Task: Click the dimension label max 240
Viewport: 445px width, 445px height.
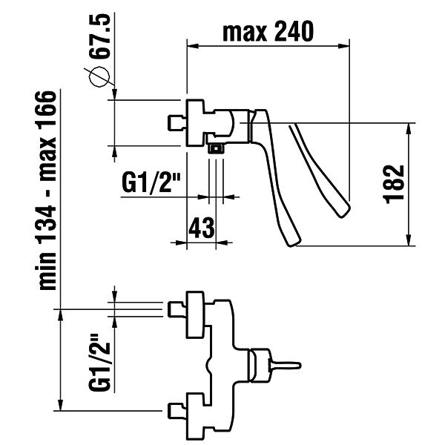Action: (x=268, y=31)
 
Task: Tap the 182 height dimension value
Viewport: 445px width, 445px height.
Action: (x=394, y=184)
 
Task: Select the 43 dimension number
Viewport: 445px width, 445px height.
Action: (x=201, y=228)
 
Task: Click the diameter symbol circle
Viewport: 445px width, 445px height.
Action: (x=99, y=76)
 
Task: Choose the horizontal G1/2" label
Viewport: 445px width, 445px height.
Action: (x=151, y=182)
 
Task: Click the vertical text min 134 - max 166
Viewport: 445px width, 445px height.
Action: (x=47, y=191)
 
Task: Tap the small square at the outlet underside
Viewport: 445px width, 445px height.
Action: (x=217, y=148)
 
